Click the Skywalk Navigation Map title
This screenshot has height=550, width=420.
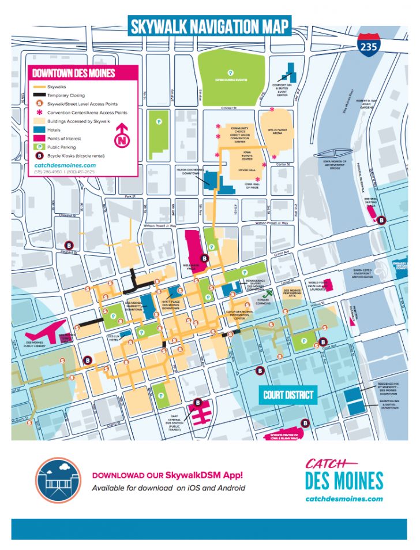pos(209,26)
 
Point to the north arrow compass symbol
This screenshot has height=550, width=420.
pos(123,135)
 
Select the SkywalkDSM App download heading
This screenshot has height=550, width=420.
pos(167,475)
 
